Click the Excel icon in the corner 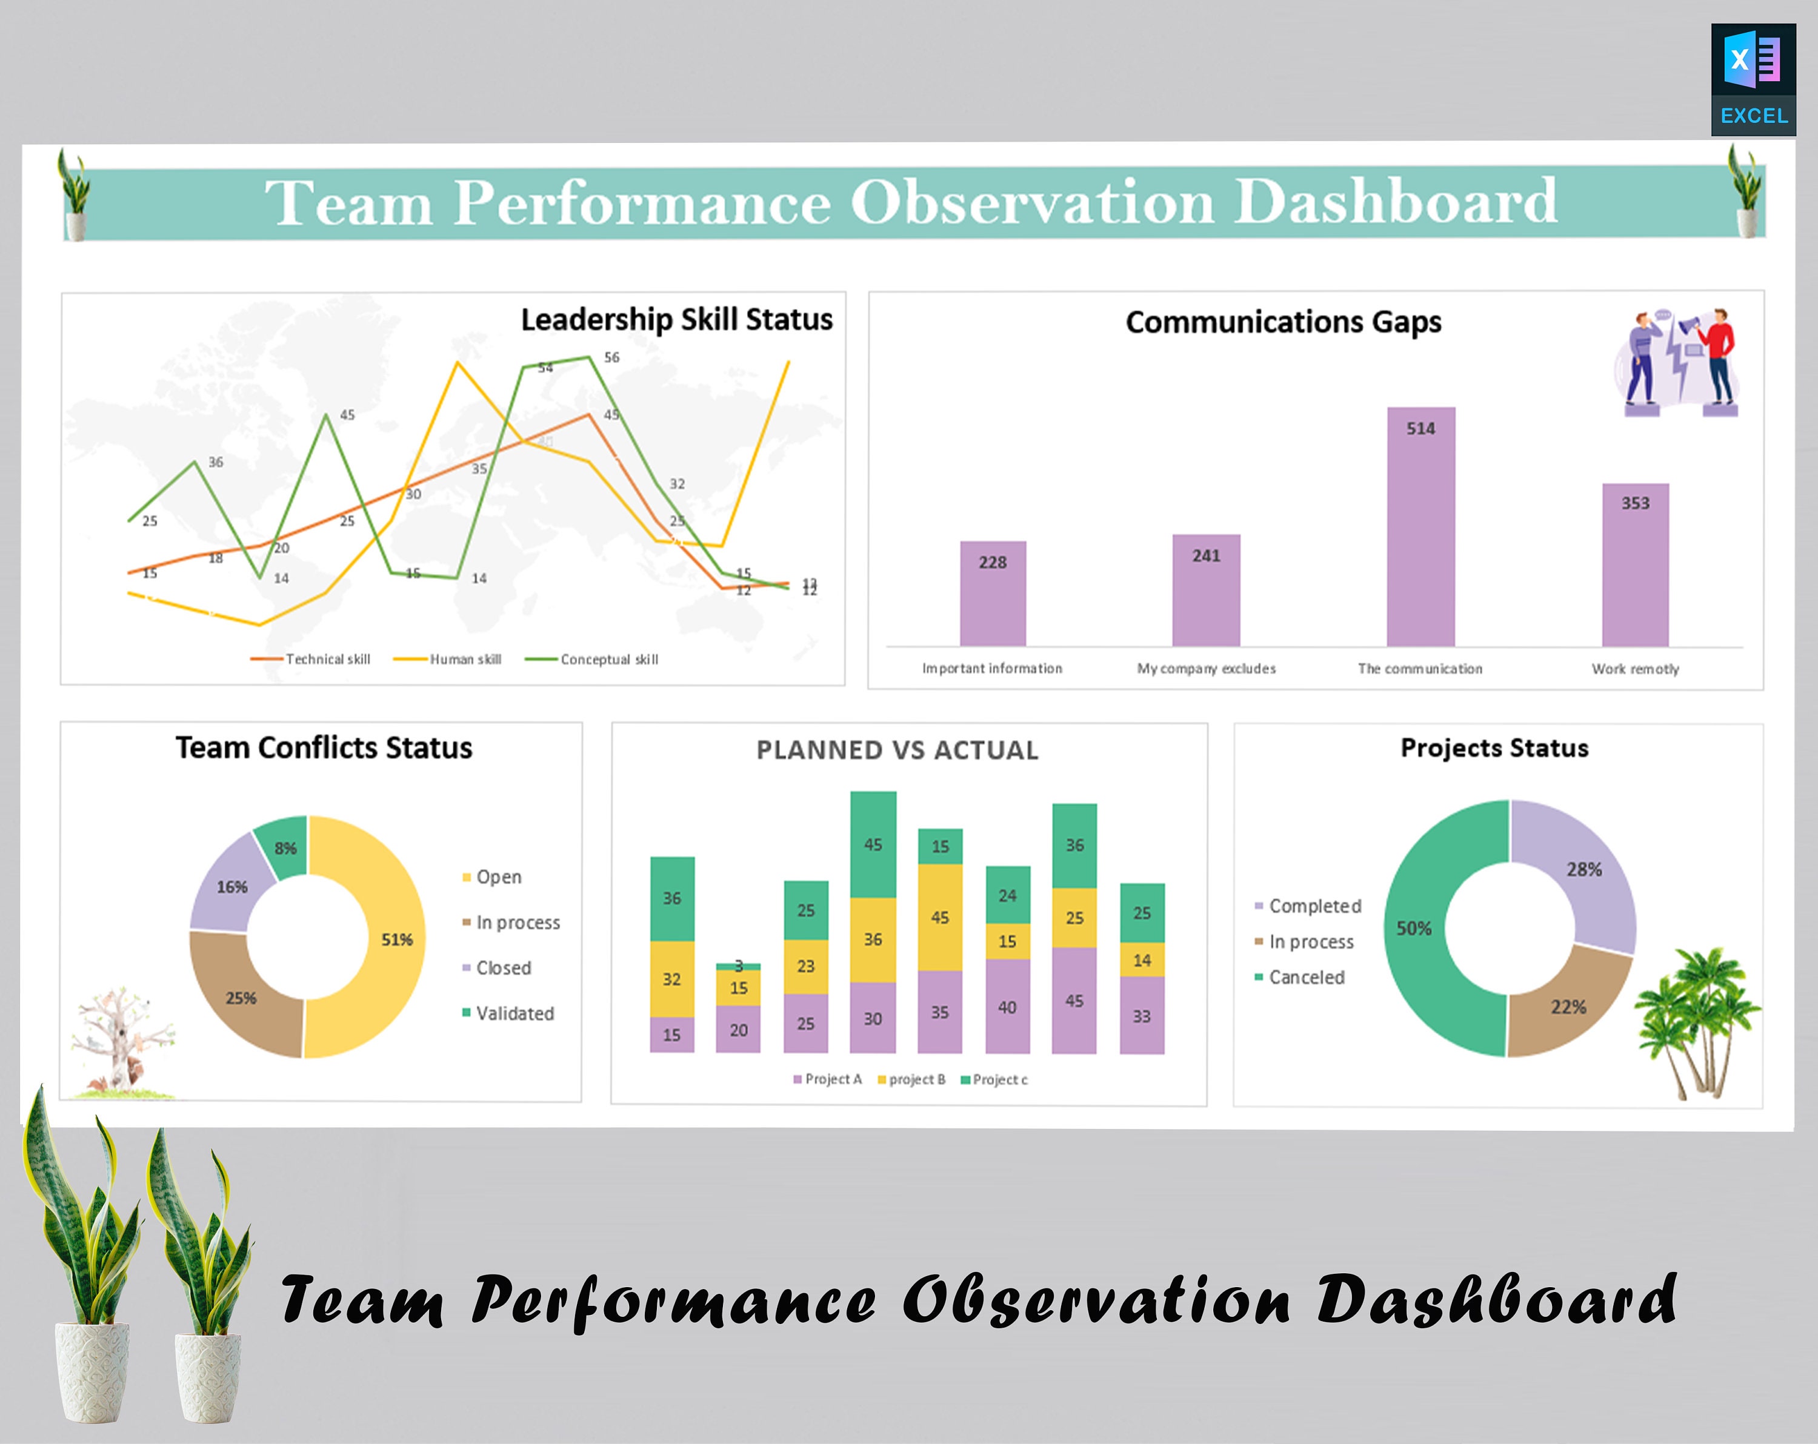point(1753,79)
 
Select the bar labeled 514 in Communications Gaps point(1421,527)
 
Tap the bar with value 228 point(993,594)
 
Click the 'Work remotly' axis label point(1635,669)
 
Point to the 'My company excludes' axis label point(1206,669)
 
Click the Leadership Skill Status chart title point(676,319)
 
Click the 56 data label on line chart point(611,357)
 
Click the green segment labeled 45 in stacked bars point(873,844)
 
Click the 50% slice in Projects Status point(1414,928)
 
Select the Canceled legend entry point(1306,977)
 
